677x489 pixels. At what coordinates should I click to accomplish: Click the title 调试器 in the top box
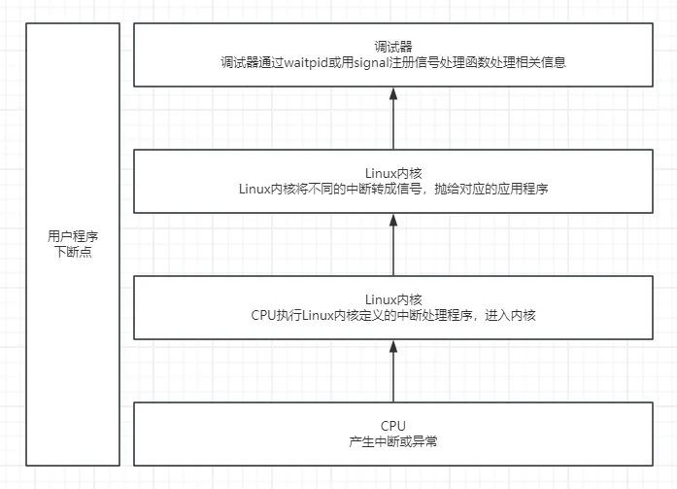[x=393, y=47]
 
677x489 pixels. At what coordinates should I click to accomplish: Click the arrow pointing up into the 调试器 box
[x=393, y=118]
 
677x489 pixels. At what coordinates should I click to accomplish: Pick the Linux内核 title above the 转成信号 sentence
[x=393, y=173]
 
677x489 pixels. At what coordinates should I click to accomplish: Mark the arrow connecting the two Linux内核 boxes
[x=393, y=244]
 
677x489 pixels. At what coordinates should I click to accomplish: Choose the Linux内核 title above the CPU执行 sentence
[x=393, y=299]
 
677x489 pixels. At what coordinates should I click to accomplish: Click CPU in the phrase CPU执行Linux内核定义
[x=263, y=315]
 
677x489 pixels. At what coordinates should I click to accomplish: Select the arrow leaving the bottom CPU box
[x=393, y=370]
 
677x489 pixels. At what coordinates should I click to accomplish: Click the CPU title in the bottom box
[x=393, y=426]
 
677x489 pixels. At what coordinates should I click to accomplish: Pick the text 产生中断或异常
[x=393, y=441]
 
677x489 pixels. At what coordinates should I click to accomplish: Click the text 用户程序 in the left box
[x=73, y=237]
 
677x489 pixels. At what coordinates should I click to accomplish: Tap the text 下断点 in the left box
[x=73, y=253]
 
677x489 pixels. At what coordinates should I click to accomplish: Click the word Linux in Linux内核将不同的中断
[x=254, y=189]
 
